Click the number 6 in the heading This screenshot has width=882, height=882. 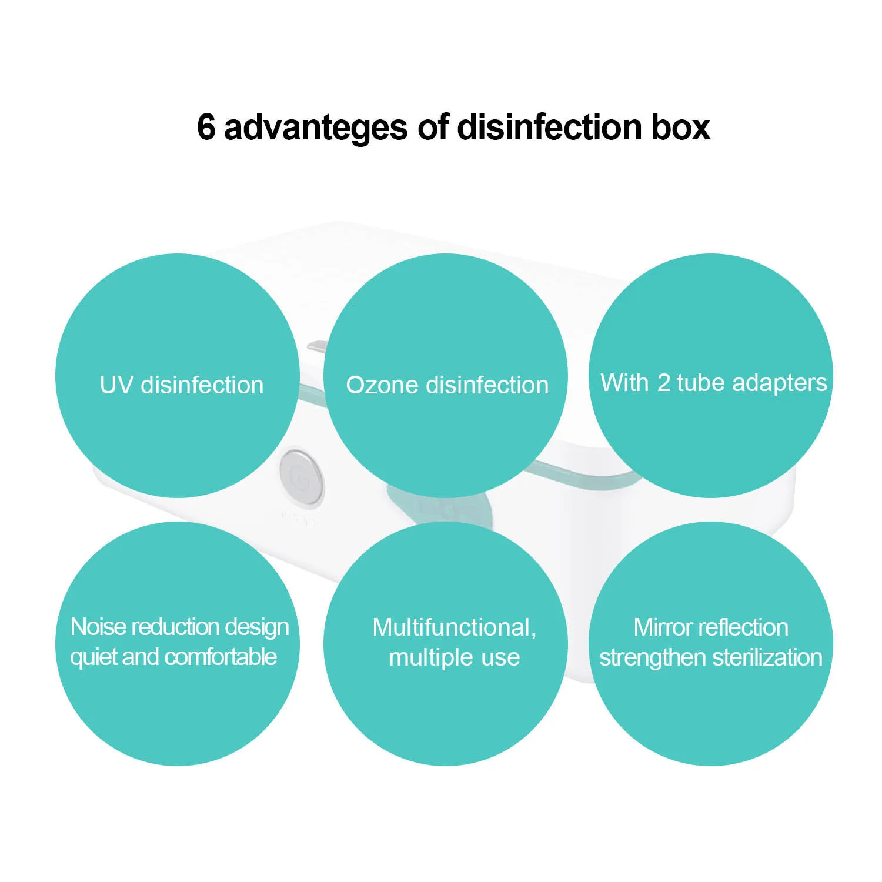tap(206, 127)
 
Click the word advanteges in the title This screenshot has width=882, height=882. tap(315, 127)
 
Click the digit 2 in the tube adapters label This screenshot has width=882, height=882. tap(663, 383)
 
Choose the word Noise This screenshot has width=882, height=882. tap(98, 627)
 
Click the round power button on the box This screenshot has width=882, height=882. tap(301, 479)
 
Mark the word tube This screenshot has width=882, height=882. tap(700, 383)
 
